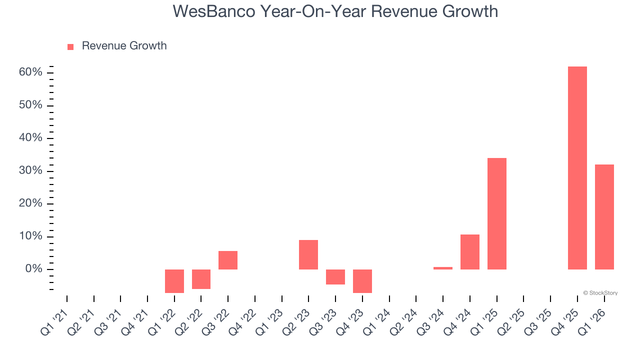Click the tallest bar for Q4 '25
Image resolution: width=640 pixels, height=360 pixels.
(577, 168)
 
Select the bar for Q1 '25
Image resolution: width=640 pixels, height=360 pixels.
(497, 213)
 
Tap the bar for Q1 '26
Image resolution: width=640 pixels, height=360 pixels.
(604, 217)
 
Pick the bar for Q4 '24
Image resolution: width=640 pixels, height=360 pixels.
(470, 252)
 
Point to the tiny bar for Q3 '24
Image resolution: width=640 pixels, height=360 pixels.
(443, 268)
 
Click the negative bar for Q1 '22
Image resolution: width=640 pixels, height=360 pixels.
(174, 281)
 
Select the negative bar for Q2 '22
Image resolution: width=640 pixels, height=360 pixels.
(201, 279)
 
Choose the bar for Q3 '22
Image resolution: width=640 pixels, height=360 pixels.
(228, 260)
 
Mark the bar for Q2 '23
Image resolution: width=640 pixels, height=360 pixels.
(308, 254)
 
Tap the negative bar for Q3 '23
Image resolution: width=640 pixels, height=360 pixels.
(335, 277)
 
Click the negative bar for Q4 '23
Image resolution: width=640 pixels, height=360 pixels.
(362, 281)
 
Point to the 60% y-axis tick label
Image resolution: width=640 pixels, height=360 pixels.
(30, 72)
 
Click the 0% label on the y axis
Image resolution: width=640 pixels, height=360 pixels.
(33, 269)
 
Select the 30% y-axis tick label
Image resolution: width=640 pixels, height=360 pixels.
(30, 171)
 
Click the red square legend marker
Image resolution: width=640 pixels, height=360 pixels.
(70, 47)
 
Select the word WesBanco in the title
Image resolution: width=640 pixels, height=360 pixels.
(213, 11)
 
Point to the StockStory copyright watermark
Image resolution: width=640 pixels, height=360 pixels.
(600, 293)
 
